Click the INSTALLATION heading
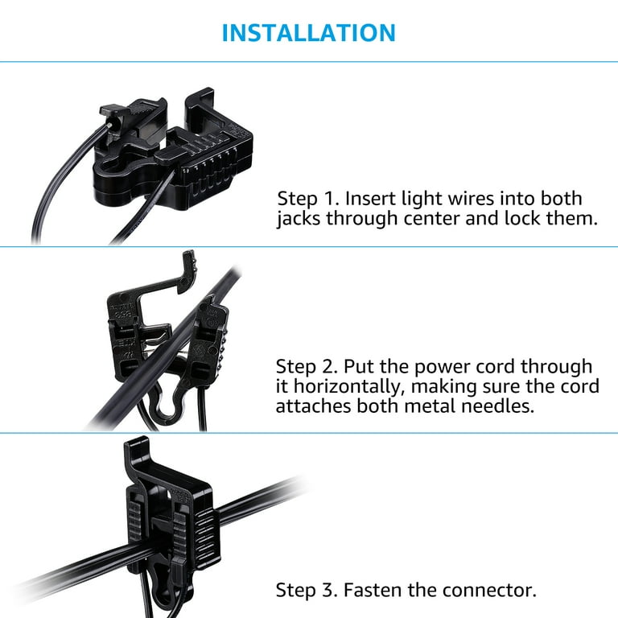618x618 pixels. coord(308,33)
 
